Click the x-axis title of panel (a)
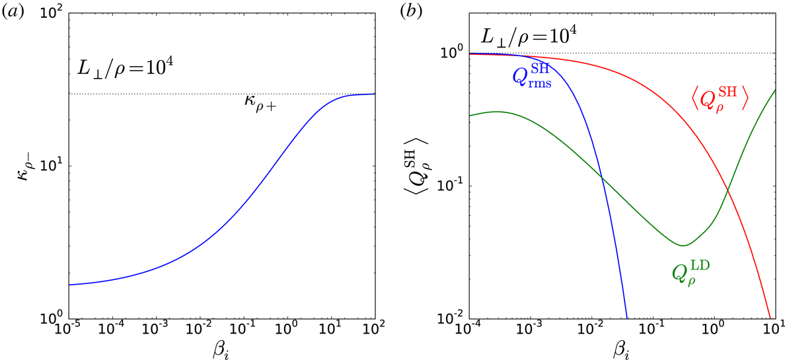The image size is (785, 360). pyautogui.click(x=221, y=347)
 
